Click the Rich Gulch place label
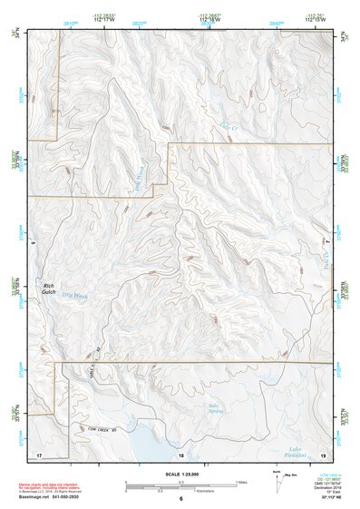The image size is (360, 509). (x=49, y=289)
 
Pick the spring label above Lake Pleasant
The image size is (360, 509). (x=215, y=407)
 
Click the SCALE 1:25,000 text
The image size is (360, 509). (x=180, y=474)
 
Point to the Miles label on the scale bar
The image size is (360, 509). (x=243, y=481)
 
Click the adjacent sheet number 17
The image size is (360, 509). (x=38, y=454)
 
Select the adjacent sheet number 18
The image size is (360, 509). (x=180, y=455)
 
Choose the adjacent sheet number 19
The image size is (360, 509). (x=323, y=454)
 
